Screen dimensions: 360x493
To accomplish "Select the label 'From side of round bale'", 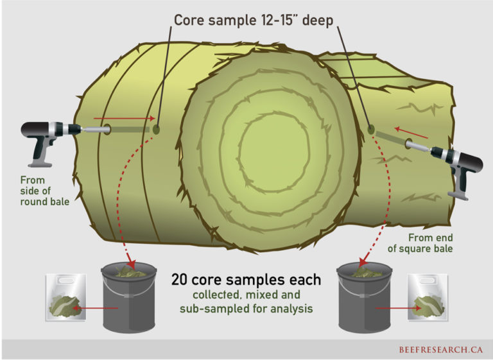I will [x=44, y=191].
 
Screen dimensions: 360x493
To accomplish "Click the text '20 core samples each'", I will [x=246, y=280].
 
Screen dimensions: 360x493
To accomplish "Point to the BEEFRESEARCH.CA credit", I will [x=437, y=350].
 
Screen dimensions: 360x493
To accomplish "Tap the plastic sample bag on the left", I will [x=66, y=298].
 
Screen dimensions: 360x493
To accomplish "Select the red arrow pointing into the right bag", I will [x=395, y=308].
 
